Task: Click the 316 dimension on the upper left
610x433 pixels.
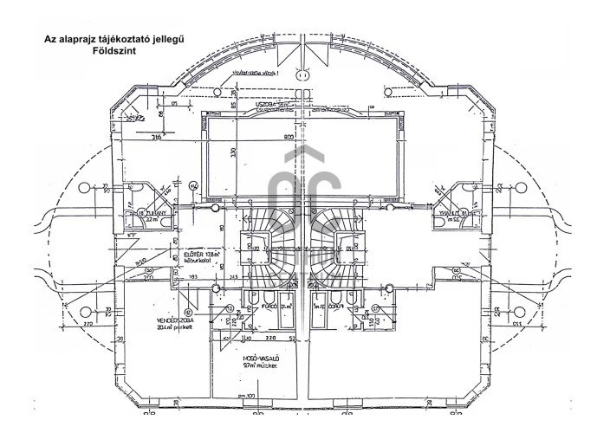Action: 158,136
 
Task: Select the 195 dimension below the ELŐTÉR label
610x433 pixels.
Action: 194,276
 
